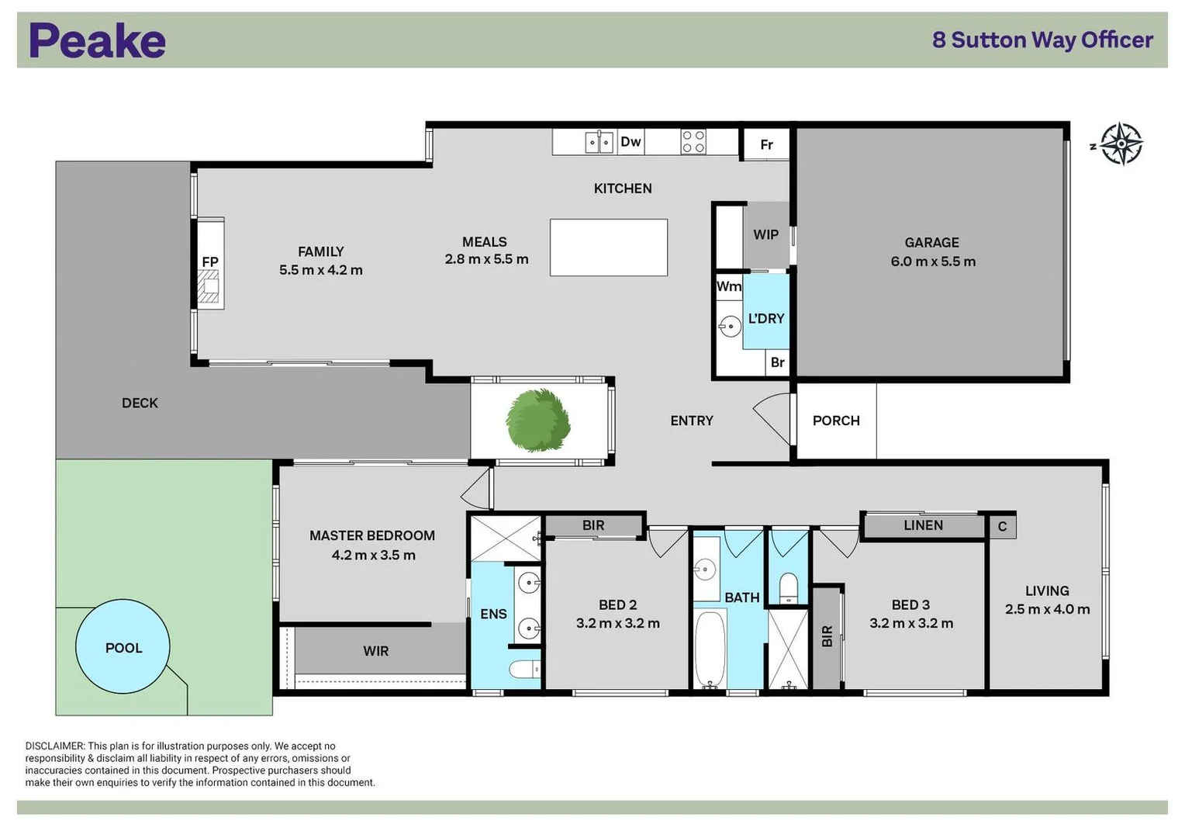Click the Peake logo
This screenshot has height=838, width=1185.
coord(97,40)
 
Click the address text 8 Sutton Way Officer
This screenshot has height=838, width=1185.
coord(1042,40)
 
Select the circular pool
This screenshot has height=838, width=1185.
coord(123,646)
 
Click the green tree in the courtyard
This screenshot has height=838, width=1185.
coord(538,421)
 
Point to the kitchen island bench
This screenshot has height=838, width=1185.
coord(608,248)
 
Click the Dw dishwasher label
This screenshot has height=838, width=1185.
coord(631,142)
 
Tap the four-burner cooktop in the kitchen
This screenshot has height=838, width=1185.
coord(693,142)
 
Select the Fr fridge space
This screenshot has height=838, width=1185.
coord(766,145)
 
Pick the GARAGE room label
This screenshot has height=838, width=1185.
coord(931,243)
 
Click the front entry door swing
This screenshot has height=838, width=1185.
coord(773,419)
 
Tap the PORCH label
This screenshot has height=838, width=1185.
coord(835,421)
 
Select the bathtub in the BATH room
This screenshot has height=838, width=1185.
coord(710,649)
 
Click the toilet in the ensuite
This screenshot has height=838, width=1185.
coord(525,669)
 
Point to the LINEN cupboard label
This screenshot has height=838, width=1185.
coord(923,525)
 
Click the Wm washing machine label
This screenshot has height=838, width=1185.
coord(728,286)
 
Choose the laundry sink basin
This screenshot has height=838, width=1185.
coord(729,326)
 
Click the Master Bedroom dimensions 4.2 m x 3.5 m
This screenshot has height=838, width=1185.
coord(373,556)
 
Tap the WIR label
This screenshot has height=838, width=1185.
coord(375,651)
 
